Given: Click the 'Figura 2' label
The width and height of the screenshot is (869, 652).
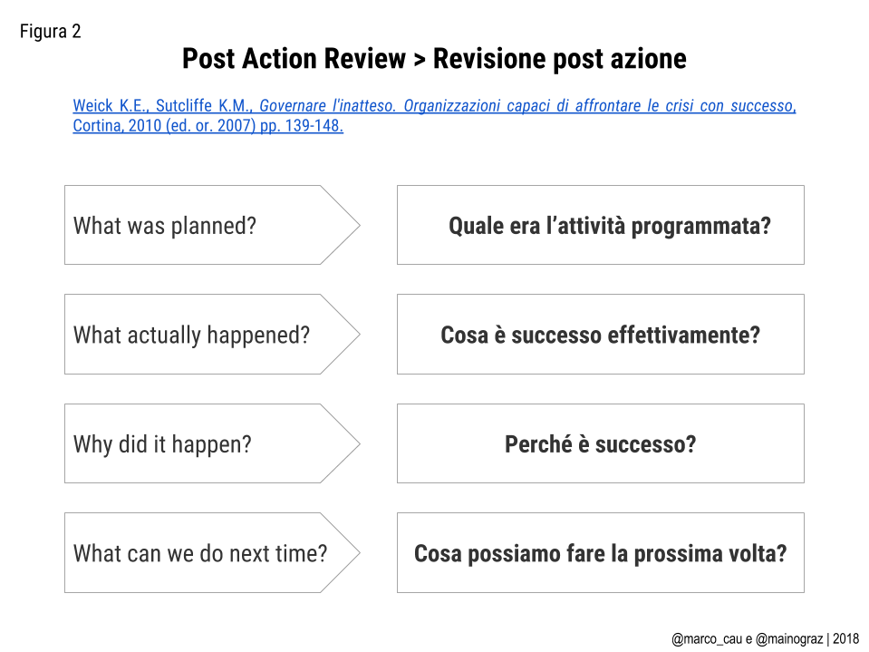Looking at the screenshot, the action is (x=51, y=32).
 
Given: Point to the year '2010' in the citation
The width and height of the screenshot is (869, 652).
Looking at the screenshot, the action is (x=145, y=125).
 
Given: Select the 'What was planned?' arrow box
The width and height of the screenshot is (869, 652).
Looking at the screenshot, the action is (x=212, y=225).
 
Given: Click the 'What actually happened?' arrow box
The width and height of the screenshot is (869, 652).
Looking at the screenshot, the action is (x=212, y=334).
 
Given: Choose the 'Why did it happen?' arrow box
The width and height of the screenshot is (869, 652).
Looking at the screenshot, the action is (x=212, y=443).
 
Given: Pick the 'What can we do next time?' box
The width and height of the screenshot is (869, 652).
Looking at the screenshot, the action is (x=212, y=553).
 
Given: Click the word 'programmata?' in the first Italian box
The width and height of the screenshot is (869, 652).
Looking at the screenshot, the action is (x=701, y=227).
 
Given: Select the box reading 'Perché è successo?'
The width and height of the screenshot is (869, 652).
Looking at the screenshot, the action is (x=600, y=443).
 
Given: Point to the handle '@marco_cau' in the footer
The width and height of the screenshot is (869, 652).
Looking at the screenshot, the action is (x=708, y=638).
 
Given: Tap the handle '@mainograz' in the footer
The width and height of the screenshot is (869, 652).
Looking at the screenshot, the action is (x=789, y=639).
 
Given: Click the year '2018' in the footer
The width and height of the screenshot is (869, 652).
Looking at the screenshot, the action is (x=845, y=638).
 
